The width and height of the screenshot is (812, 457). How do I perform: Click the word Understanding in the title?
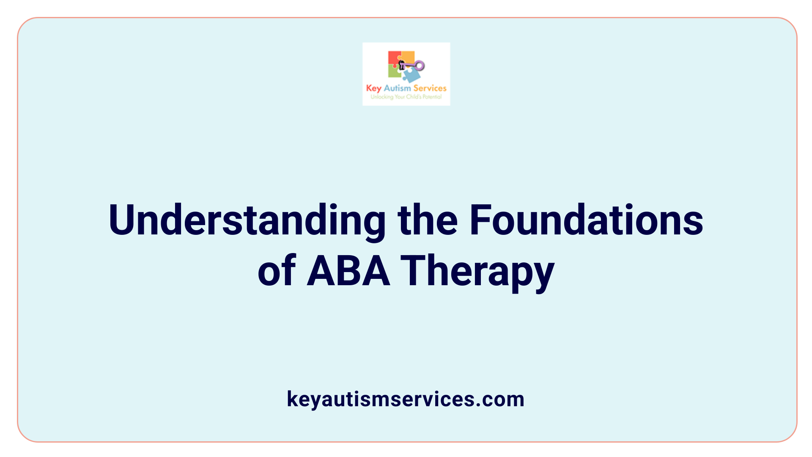[247, 220]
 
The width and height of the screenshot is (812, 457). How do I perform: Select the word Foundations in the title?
[586, 220]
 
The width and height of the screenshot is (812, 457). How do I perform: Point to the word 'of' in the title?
[277, 271]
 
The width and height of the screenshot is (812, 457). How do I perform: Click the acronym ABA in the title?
[348, 271]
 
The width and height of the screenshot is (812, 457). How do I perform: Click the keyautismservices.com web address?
[406, 399]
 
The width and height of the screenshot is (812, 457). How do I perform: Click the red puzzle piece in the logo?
[394, 58]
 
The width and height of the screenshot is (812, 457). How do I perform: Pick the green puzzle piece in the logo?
[394, 72]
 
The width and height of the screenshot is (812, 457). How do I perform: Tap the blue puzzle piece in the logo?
[411, 75]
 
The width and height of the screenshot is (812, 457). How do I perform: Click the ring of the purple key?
[420, 66]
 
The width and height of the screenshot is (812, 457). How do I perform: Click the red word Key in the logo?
[373, 88]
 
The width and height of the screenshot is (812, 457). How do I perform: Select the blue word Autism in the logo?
[397, 88]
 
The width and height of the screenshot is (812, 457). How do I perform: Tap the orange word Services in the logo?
[430, 88]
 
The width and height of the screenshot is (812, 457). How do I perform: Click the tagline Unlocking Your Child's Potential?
[406, 97]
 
